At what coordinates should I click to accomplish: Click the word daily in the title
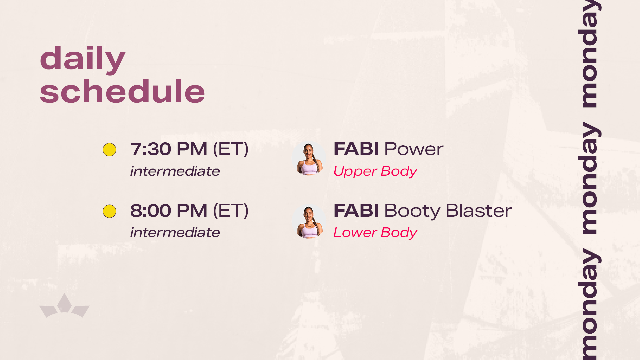point(83,59)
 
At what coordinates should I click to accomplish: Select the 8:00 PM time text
point(169,210)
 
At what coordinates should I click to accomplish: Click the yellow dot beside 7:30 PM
point(109,150)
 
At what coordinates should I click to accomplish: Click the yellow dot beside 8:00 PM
point(109,211)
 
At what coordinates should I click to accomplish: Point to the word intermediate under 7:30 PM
point(175,171)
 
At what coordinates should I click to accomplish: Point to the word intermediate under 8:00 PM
point(175,232)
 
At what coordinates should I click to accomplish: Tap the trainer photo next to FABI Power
point(309,158)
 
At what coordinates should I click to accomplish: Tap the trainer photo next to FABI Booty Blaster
point(309,221)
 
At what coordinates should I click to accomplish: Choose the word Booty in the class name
point(413,211)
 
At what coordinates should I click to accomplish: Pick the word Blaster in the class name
point(479,210)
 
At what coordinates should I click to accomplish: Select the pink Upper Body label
point(375,172)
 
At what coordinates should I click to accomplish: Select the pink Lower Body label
point(375,233)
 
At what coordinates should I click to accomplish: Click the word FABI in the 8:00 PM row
point(356,210)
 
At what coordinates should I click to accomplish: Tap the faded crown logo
point(64,306)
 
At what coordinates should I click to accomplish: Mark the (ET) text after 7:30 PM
point(231,149)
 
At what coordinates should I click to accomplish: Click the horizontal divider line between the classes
point(306,190)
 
